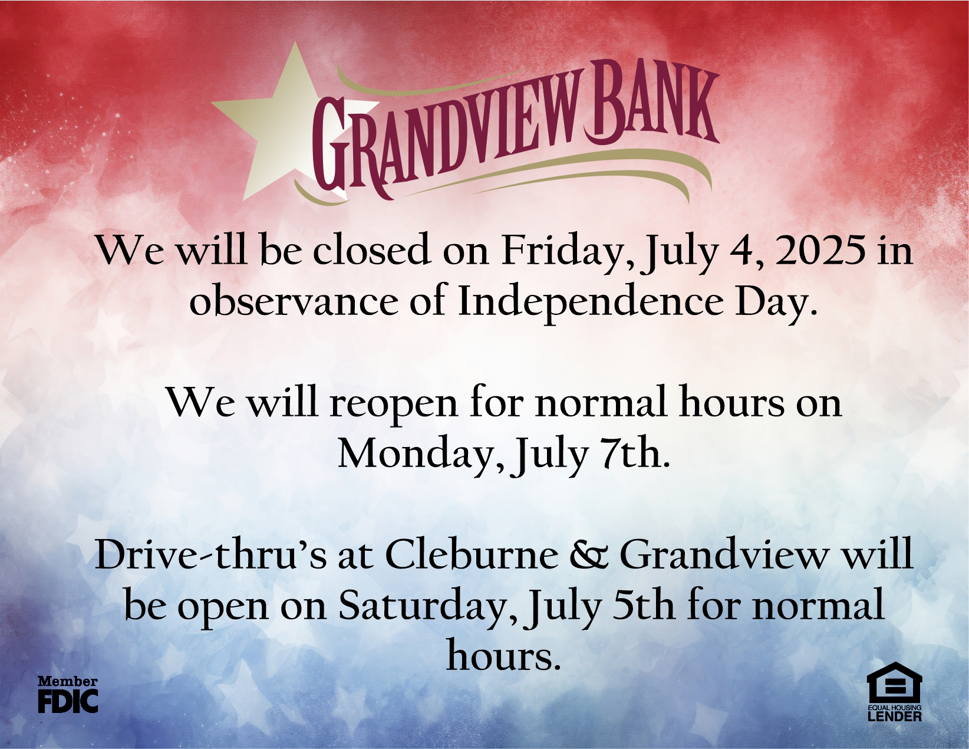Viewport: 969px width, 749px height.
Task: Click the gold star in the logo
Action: click(x=285, y=129)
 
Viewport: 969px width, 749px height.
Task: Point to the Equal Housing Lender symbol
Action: click(x=894, y=699)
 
